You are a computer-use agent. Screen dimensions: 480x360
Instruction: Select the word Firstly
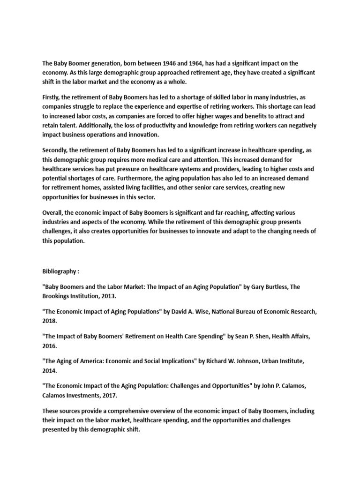click(51, 97)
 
